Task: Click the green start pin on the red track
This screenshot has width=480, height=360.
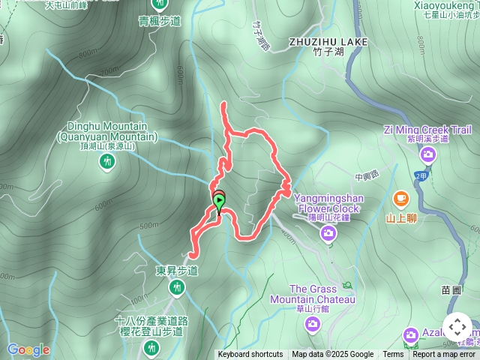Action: pyautogui.click(x=219, y=200)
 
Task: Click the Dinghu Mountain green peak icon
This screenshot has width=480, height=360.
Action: pyautogui.click(x=106, y=160)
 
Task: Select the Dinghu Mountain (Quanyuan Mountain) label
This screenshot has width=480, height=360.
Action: pyautogui.click(x=107, y=133)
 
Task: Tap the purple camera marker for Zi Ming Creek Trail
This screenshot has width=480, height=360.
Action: pyautogui.click(x=427, y=155)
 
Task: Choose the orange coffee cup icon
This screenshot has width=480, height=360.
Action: pyautogui.click(x=400, y=198)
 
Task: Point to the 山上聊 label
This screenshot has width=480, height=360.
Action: pyautogui.click(x=401, y=219)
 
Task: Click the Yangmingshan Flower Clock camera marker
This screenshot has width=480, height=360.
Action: pyautogui.click(x=328, y=233)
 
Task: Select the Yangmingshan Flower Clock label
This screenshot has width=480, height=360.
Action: pyautogui.click(x=328, y=203)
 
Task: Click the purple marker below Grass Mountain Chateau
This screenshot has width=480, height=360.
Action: pyautogui.click(x=313, y=323)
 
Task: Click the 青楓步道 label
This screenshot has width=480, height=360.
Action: pyautogui.click(x=160, y=21)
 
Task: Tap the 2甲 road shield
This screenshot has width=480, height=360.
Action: pyautogui.click(x=421, y=175)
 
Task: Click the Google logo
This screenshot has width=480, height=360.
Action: pyautogui.click(x=28, y=349)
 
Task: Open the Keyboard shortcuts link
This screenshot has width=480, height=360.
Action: pyautogui.click(x=250, y=355)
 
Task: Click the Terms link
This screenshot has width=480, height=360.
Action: pyautogui.click(x=393, y=355)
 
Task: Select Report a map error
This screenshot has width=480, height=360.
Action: pyautogui.click(x=444, y=355)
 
